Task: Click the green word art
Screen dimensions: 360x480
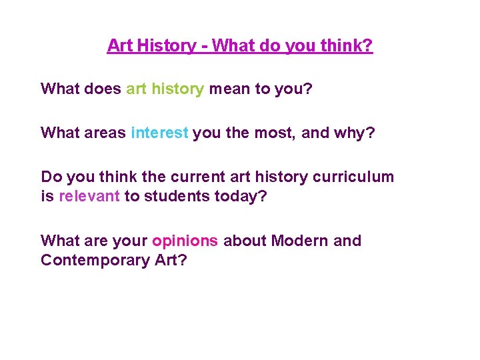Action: coord(136,89)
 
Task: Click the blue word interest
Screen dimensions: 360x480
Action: coord(160,133)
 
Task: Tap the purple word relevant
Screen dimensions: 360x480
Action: coord(89,196)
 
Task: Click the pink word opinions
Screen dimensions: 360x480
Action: coord(185,241)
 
